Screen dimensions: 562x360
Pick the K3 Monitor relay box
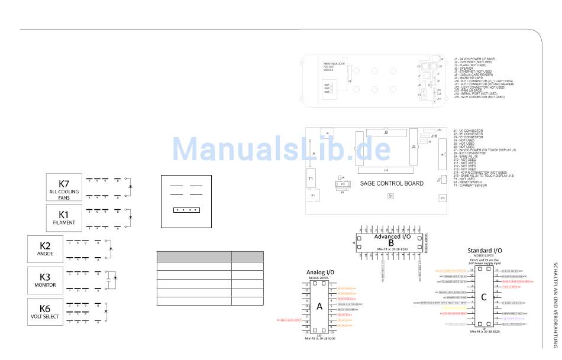click(x=45, y=280)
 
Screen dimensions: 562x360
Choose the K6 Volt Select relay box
click(x=45, y=311)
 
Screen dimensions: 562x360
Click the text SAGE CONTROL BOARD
click(x=392, y=183)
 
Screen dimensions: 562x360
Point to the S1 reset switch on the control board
click(x=390, y=196)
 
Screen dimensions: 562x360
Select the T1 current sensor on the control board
click(x=311, y=178)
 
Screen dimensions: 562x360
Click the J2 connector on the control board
click(x=385, y=133)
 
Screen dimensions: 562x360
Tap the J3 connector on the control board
click(x=414, y=146)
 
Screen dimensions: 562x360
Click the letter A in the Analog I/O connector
click(x=320, y=307)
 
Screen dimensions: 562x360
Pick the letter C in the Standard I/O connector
click(x=483, y=297)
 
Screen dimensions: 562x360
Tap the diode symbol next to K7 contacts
click(x=130, y=187)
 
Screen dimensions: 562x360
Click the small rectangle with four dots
click(x=186, y=209)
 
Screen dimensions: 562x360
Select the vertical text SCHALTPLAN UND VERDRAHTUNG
click(x=555, y=305)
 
